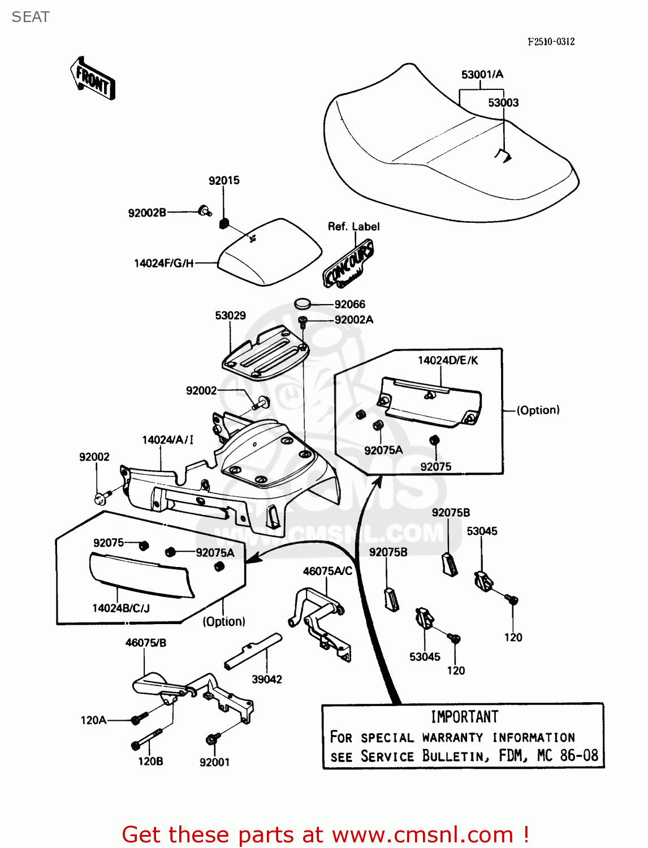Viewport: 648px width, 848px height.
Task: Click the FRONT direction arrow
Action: point(93,79)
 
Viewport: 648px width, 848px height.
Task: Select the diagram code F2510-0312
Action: point(551,41)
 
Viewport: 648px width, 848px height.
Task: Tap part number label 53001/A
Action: point(482,75)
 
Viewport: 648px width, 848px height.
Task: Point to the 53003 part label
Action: point(503,102)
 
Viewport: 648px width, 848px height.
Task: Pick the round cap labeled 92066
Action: point(303,304)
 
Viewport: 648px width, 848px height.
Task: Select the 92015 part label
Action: point(224,180)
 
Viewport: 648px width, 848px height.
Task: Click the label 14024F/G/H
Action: point(163,263)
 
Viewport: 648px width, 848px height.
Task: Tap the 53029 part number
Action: point(230,315)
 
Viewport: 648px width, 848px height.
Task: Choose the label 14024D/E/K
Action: point(448,361)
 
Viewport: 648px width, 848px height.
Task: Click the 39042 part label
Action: point(267,679)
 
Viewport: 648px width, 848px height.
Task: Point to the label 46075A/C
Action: point(327,571)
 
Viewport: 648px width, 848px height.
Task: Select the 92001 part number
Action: point(214,762)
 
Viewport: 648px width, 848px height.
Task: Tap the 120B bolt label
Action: point(150,762)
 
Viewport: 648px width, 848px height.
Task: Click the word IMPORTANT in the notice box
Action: point(464,717)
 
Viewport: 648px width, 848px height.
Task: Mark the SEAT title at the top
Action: point(31,17)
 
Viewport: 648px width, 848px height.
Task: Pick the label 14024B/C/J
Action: point(121,608)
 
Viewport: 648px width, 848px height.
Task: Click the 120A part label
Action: point(93,720)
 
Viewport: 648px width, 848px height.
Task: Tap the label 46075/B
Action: point(145,643)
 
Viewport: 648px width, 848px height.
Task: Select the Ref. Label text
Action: point(353,227)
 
